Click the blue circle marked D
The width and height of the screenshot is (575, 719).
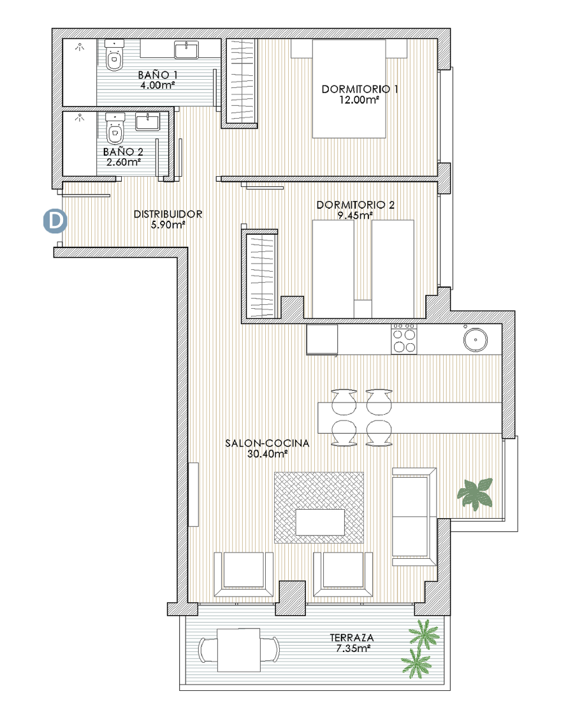point(55,221)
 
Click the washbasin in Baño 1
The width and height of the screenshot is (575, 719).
point(186,48)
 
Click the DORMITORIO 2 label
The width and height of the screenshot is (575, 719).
point(356,205)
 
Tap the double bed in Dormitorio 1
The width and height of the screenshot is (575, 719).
point(349,89)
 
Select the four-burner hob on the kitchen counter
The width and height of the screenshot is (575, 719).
point(403,338)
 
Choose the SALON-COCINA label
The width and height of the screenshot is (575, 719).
point(267,443)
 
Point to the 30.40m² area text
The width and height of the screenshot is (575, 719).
point(267,454)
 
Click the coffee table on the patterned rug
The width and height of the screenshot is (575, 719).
point(320,522)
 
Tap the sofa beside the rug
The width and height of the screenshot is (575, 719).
point(414,516)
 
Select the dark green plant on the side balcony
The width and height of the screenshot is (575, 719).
point(475,493)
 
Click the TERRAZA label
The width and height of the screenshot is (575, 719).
point(351,637)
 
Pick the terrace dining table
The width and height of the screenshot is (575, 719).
point(238,650)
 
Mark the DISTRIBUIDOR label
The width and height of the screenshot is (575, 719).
point(168,214)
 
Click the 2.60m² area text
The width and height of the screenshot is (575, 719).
point(122,162)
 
